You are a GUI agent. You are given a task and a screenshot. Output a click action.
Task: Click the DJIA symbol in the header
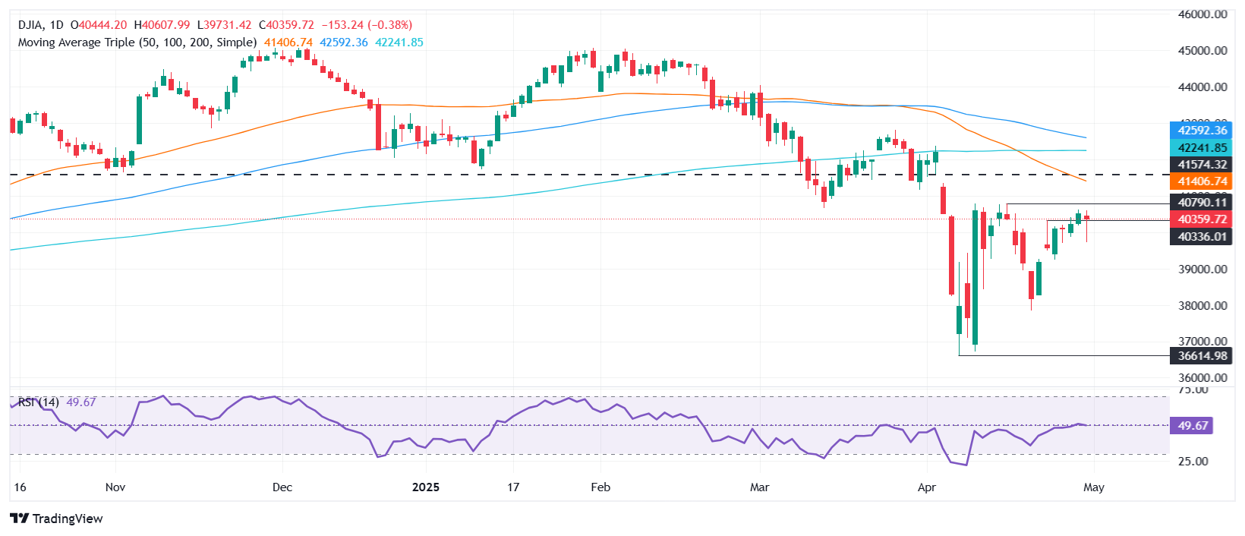tap(31, 25)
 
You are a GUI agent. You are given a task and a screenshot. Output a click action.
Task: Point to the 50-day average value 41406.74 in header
tap(288, 43)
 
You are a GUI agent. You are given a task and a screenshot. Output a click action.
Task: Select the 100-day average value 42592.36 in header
tap(343, 43)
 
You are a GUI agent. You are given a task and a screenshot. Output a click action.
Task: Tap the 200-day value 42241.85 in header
tap(399, 43)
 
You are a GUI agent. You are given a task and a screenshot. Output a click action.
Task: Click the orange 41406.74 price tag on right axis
tap(1202, 181)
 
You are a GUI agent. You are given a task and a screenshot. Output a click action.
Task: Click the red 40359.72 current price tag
tap(1202, 219)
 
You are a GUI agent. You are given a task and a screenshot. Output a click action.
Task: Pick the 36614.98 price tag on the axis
tap(1202, 355)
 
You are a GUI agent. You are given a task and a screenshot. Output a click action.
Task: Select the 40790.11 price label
tap(1202, 202)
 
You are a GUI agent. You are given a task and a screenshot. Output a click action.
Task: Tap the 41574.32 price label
tap(1202, 164)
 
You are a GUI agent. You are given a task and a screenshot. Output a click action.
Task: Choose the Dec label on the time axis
tap(282, 487)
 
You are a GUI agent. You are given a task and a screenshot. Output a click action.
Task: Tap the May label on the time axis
tap(1093, 487)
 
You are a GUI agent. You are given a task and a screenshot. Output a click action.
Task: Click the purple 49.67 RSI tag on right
tap(1193, 425)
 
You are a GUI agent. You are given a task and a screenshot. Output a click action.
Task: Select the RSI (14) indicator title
tap(38, 402)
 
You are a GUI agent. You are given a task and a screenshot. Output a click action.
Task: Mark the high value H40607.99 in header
tap(162, 25)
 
